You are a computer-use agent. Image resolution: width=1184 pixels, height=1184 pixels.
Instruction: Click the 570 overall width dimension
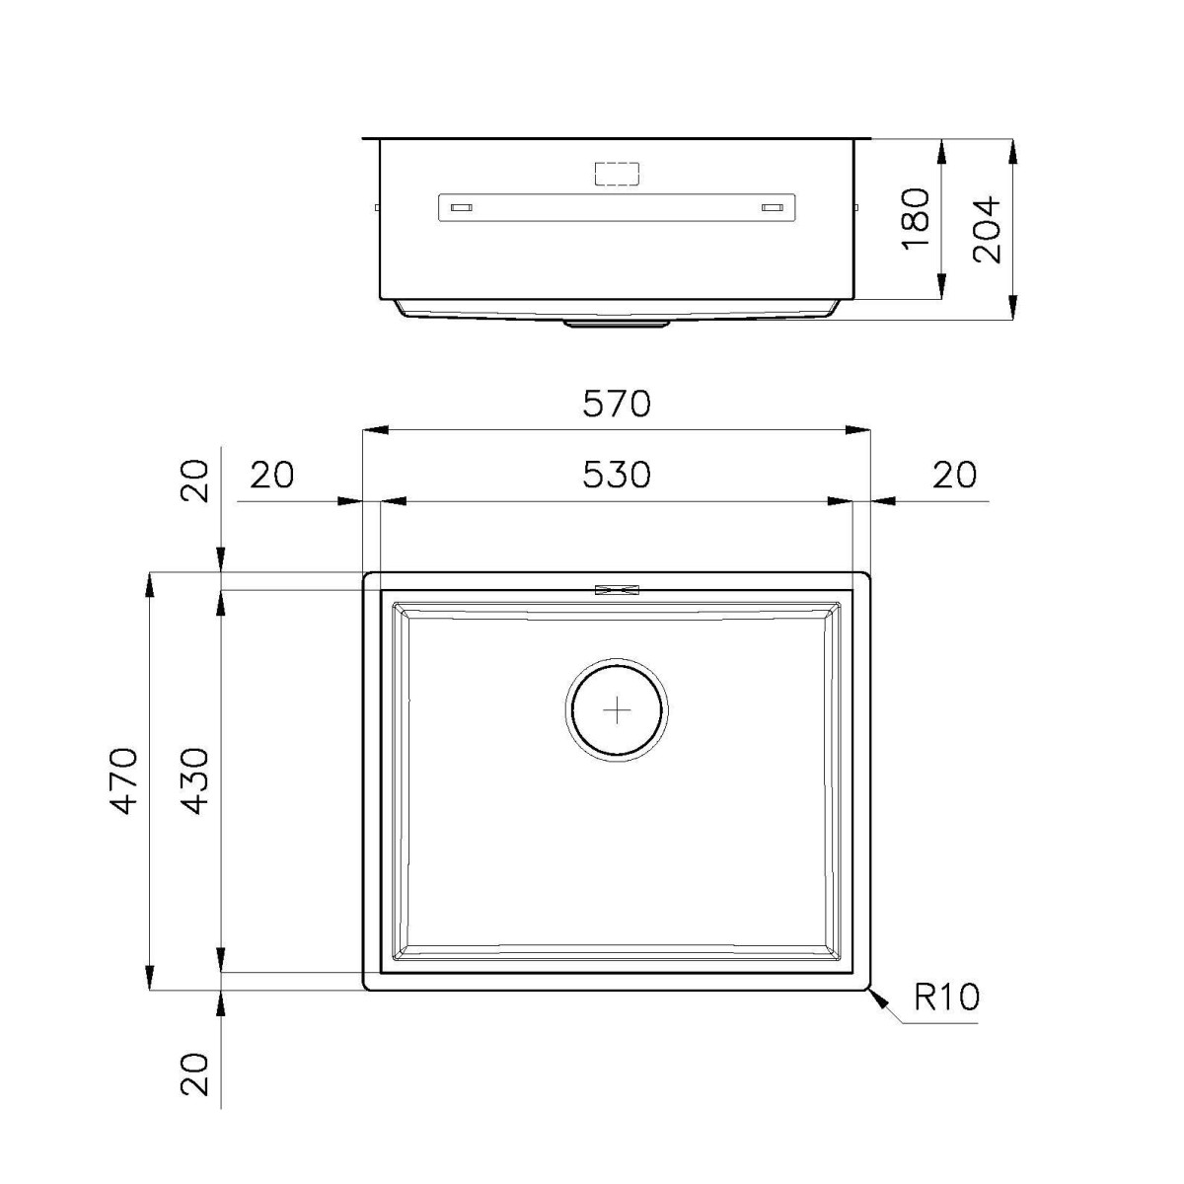616,405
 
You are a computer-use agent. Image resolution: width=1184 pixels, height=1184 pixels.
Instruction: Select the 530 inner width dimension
616,475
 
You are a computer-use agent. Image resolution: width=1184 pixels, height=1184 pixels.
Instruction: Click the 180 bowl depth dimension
915,219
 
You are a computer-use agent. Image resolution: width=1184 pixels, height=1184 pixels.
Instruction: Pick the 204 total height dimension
987,229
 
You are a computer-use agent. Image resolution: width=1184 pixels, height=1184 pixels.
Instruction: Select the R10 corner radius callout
946,997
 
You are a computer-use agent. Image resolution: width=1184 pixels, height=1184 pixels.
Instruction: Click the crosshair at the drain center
617,710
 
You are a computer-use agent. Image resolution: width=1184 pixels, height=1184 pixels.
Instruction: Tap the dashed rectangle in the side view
617,174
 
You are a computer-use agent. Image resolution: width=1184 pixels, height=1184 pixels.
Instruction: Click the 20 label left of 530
272,475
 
